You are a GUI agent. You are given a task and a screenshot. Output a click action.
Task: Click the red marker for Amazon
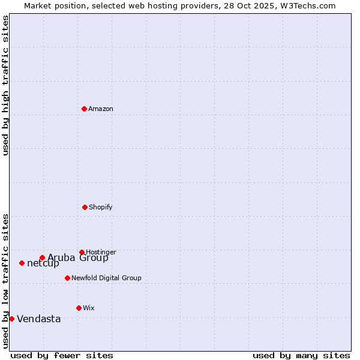click(x=84, y=109)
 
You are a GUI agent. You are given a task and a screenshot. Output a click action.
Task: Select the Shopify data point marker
click(x=85, y=207)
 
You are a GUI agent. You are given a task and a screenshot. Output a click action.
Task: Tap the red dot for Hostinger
click(x=82, y=252)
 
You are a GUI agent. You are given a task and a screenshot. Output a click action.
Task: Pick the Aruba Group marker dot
click(x=42, y=257)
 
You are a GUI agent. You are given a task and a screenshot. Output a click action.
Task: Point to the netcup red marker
click(x=22, y=263)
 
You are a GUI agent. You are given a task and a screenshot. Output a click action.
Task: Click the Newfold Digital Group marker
click(x=67, y=278)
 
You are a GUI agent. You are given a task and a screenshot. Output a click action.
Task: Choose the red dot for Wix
click(x=79, y=308)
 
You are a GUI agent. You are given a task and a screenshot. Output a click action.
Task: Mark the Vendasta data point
click(x=11, y=319)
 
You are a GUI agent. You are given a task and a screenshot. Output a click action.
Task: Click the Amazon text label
click(x=101, y=109)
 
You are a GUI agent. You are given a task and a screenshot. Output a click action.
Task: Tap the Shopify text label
click(x=101, y=207)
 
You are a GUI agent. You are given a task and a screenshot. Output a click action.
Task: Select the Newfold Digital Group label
click(x=106, y=278)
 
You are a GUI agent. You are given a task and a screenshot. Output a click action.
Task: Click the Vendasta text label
click(x=39, y=319)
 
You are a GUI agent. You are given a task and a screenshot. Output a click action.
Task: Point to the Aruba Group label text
click(x=78, y=258)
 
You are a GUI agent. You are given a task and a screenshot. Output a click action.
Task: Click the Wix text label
click(x=89, y=308)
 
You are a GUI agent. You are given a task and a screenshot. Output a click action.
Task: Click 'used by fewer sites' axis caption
click(x=62, y=355)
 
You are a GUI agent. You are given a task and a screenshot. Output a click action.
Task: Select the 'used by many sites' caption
click(x=301, y=355)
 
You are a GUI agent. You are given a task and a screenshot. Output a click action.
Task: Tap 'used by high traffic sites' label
click(x=5, y=85)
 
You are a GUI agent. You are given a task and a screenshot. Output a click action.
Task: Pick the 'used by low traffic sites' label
click(x=5, y=280)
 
